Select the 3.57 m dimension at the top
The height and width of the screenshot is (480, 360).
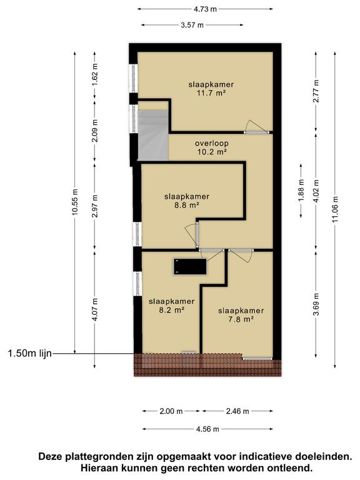coord(192,25)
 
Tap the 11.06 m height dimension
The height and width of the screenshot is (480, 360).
coord(336,210)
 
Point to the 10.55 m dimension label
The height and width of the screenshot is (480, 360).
coord(75,202)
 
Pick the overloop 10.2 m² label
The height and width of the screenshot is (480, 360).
coord(210,147)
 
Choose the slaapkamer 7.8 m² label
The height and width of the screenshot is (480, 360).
coord(240,314)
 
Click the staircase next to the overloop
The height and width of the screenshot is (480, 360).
coord(152,135)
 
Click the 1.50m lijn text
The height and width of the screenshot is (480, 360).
coord(29,354)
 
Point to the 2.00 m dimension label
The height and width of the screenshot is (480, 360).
coord(170,411)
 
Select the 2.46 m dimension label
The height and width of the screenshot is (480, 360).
coord(237,411)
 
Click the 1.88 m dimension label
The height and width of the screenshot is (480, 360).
coord(301,191)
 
